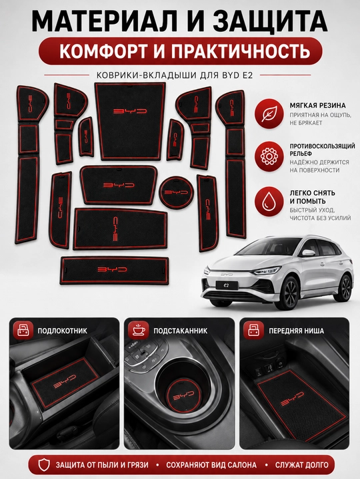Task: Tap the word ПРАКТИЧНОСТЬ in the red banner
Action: click(241, 51)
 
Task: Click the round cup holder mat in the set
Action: click(176, 192)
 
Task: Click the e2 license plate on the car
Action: click(227, 285)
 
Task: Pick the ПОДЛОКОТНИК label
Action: click(63, 331)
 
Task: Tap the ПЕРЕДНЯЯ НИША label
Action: click(296, 331)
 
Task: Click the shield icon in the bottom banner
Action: click(44, 464)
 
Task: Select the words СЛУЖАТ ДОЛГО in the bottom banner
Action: click(301, 465)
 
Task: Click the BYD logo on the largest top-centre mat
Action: click(130, 112)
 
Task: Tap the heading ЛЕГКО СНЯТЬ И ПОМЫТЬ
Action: click(312, 197)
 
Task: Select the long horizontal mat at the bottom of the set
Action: click(115, 270)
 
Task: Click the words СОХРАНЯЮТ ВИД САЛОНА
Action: click(211, 465)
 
